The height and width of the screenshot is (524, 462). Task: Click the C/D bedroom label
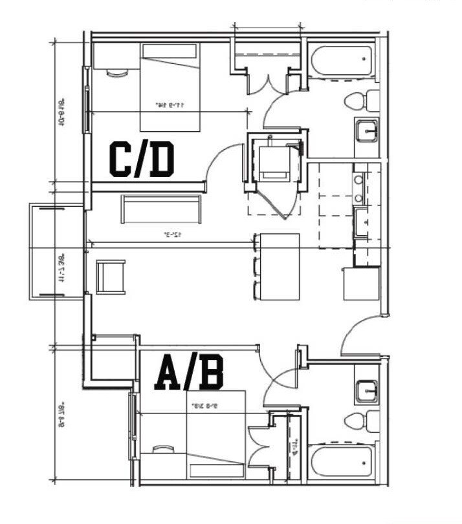pos(142,160)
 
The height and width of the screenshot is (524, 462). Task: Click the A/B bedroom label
pos(189,375)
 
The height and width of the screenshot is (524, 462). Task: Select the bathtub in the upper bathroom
pos(340,61)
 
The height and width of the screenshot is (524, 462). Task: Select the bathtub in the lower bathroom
pos(341,462)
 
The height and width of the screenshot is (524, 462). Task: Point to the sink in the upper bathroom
pos(366,131)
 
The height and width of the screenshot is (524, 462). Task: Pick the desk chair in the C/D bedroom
pos(117,73)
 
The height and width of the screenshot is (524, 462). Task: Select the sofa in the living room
pos(160,208)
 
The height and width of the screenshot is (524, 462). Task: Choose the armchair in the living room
pos(111,276)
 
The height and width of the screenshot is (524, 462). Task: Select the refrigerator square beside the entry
pos(361,283)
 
